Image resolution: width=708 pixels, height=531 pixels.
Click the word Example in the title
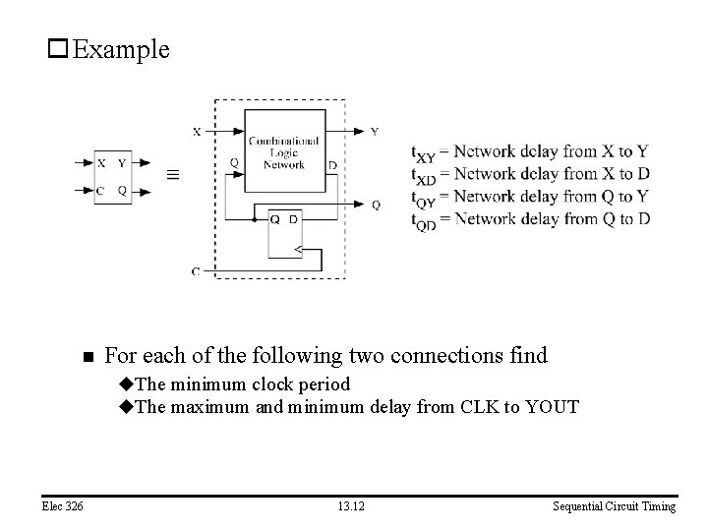121,49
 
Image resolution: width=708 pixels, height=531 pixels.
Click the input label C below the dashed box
196,269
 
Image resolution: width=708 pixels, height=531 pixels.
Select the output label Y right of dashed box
375,132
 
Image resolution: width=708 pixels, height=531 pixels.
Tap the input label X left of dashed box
196,131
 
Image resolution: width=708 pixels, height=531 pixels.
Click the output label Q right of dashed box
376,205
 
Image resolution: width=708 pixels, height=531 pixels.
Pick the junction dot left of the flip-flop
254,218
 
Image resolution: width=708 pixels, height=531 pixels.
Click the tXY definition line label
423,152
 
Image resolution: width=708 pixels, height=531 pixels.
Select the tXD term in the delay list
423,175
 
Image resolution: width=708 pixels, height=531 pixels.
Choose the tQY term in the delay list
423,197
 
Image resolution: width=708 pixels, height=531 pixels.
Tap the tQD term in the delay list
423,219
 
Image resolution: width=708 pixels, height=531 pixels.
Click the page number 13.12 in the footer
352,506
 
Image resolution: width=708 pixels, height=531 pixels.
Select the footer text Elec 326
62,506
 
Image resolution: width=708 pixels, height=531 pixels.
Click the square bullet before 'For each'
88,356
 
